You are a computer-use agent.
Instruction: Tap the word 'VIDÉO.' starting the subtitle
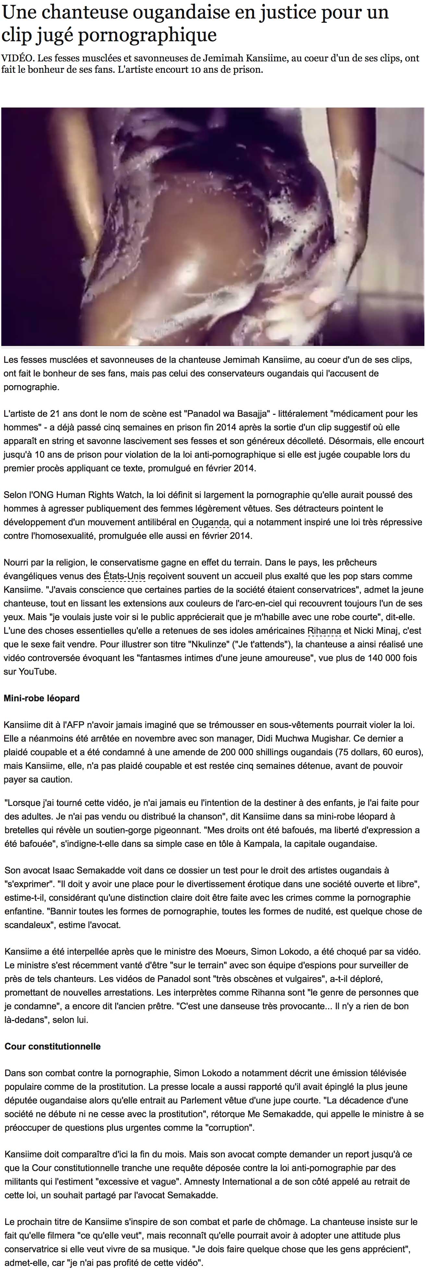pos(16,58)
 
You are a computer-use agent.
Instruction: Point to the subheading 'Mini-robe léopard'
pos(42,698)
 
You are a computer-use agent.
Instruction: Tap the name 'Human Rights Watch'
pos(99,495)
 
